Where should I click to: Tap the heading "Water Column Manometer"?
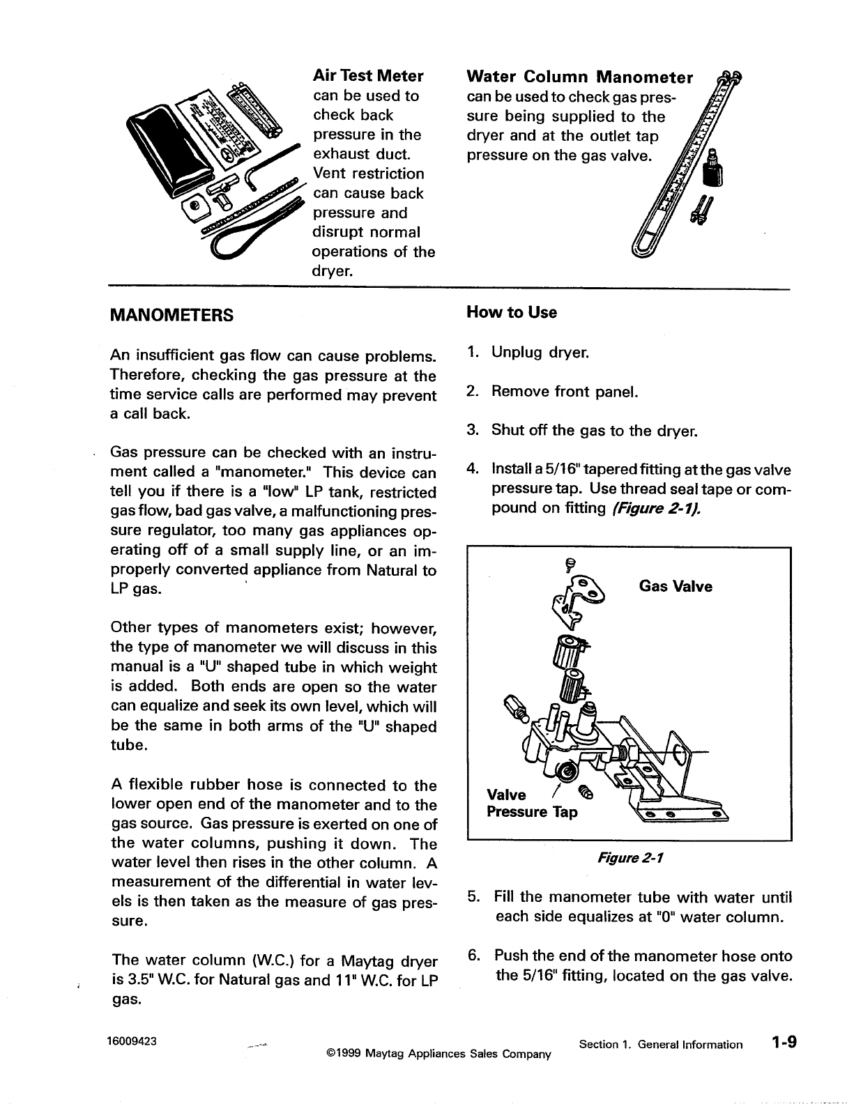[579, 76]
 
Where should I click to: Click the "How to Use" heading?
[512, 312]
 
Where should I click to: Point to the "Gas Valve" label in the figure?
[676, 586]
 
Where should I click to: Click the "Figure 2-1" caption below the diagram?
[629, 858]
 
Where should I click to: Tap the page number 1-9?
[784, 1043]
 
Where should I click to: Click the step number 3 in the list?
[472, 430]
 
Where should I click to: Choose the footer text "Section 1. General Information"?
[660, 1044]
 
